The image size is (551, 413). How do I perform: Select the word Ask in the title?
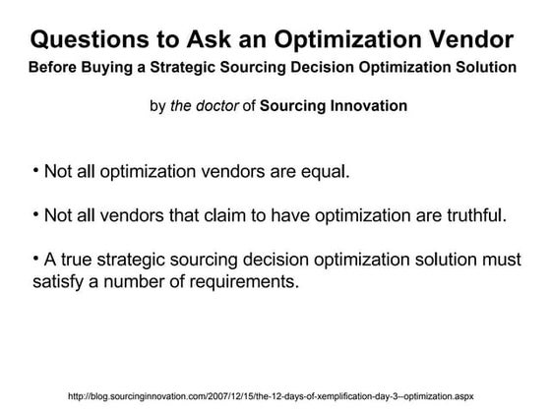point(208,41)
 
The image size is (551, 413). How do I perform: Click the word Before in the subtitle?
point(55,68)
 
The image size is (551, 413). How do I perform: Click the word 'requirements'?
point(238,282)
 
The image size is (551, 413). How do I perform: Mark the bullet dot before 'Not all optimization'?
point(35,170)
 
